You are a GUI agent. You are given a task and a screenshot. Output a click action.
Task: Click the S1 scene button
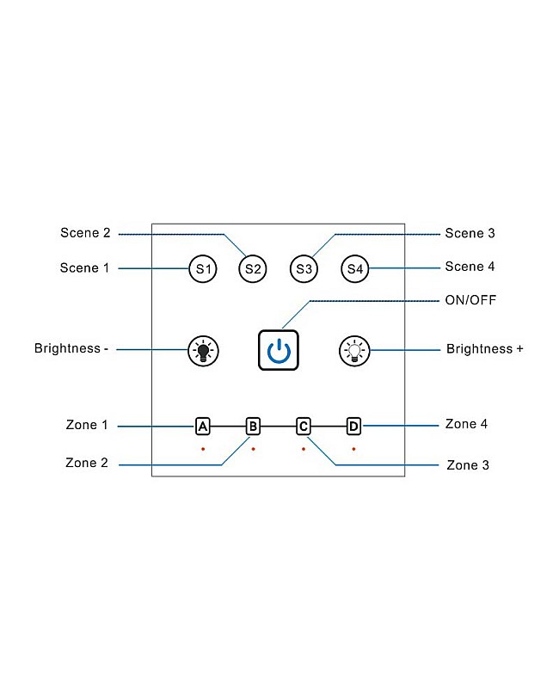[202, 269]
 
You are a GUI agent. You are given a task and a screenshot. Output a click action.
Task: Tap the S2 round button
[253, 269]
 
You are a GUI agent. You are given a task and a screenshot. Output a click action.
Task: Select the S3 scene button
[304, 269]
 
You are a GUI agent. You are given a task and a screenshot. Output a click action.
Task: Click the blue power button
[279, 350]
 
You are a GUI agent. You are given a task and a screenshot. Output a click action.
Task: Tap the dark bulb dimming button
[203, 350]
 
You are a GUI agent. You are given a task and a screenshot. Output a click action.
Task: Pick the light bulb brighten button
[353, 350]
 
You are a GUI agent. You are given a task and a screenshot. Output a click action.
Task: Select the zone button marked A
[203, 426]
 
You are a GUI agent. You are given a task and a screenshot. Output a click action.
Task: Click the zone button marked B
[253, 426]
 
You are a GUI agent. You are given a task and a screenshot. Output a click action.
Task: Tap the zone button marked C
[304, 426]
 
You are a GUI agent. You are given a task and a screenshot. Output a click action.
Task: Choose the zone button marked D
[353, 426]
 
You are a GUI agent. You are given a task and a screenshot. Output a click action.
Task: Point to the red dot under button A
[203, 449]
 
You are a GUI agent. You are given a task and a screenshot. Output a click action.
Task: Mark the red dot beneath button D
[353, 449]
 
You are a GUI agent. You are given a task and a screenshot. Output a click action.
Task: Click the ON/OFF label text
[470, 300]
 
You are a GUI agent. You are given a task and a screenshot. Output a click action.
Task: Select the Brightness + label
[484, 349]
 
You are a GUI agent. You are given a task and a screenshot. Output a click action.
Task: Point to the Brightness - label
[71, 349]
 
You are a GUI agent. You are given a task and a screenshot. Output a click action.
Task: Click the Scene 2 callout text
[85, 233]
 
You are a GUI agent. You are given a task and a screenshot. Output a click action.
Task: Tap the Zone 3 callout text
[468, 465]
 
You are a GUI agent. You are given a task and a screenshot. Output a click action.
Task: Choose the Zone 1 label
[87, 425]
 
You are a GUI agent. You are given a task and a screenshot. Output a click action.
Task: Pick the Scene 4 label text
[470, 267]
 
